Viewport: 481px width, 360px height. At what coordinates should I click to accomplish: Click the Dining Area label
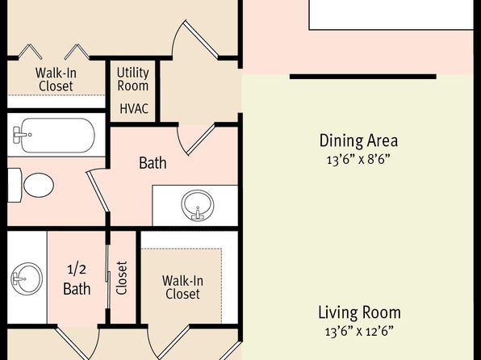point(358,140)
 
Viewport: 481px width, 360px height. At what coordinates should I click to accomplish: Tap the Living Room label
point(359,312)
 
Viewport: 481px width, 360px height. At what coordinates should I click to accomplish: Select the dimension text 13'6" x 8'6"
point(358,160)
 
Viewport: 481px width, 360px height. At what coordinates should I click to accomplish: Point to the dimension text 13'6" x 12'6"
point(359,332)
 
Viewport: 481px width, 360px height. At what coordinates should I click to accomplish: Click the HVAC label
point(134,109)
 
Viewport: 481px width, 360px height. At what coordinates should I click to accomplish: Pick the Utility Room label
point(133,79)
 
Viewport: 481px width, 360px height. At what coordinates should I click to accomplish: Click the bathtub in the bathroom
point(54,135)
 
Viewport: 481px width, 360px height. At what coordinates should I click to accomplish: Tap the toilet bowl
point(39,185)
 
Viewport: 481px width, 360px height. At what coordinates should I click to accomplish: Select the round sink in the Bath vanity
point(198,205)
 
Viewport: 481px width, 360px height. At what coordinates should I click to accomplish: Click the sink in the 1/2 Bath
point(27,278)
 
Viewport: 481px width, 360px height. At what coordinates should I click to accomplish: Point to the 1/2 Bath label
point(77,279)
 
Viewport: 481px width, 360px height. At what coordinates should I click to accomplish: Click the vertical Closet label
point(122,278)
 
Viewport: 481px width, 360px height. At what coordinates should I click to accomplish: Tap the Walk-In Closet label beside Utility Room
point(56,79)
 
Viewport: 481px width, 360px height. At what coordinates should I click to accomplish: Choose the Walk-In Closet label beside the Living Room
point(182,287)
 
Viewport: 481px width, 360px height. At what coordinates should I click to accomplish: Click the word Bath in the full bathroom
point(153,163)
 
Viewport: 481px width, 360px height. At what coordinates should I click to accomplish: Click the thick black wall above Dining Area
point(363,77)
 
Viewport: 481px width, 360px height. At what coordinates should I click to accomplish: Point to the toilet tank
point(15,185)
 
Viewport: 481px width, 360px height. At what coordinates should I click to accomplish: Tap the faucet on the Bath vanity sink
point(198,214)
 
